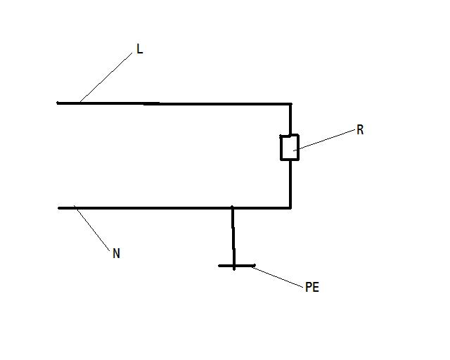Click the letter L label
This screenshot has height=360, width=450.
tap(139, 49)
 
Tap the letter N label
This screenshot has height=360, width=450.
tap(116, 253)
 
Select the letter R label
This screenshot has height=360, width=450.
tap(360, 130)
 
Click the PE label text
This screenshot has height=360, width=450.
tap(312, 287)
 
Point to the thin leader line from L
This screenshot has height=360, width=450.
tap(106, 77)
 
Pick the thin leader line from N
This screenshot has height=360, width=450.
tap(92, 229)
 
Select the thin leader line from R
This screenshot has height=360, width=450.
tap(324, 140)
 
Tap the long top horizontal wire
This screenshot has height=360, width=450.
tap(174, 103)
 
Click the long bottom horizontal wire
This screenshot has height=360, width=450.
tap(174, 208)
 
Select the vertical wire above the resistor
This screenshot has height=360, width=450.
tap(290, 119)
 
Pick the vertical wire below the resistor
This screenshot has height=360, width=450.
tap(290, 184)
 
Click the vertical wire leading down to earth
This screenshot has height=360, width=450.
tap(233, 238)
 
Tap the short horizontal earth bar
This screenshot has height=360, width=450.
tap(237, 266)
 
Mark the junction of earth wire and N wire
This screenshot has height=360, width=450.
tap(232, 207)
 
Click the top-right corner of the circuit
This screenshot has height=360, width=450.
tap(290, 103)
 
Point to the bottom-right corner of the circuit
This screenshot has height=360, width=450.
tap(290, 208)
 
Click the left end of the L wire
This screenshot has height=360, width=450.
tap(58, 103)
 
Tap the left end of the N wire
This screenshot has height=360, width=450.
tap(59, 208)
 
